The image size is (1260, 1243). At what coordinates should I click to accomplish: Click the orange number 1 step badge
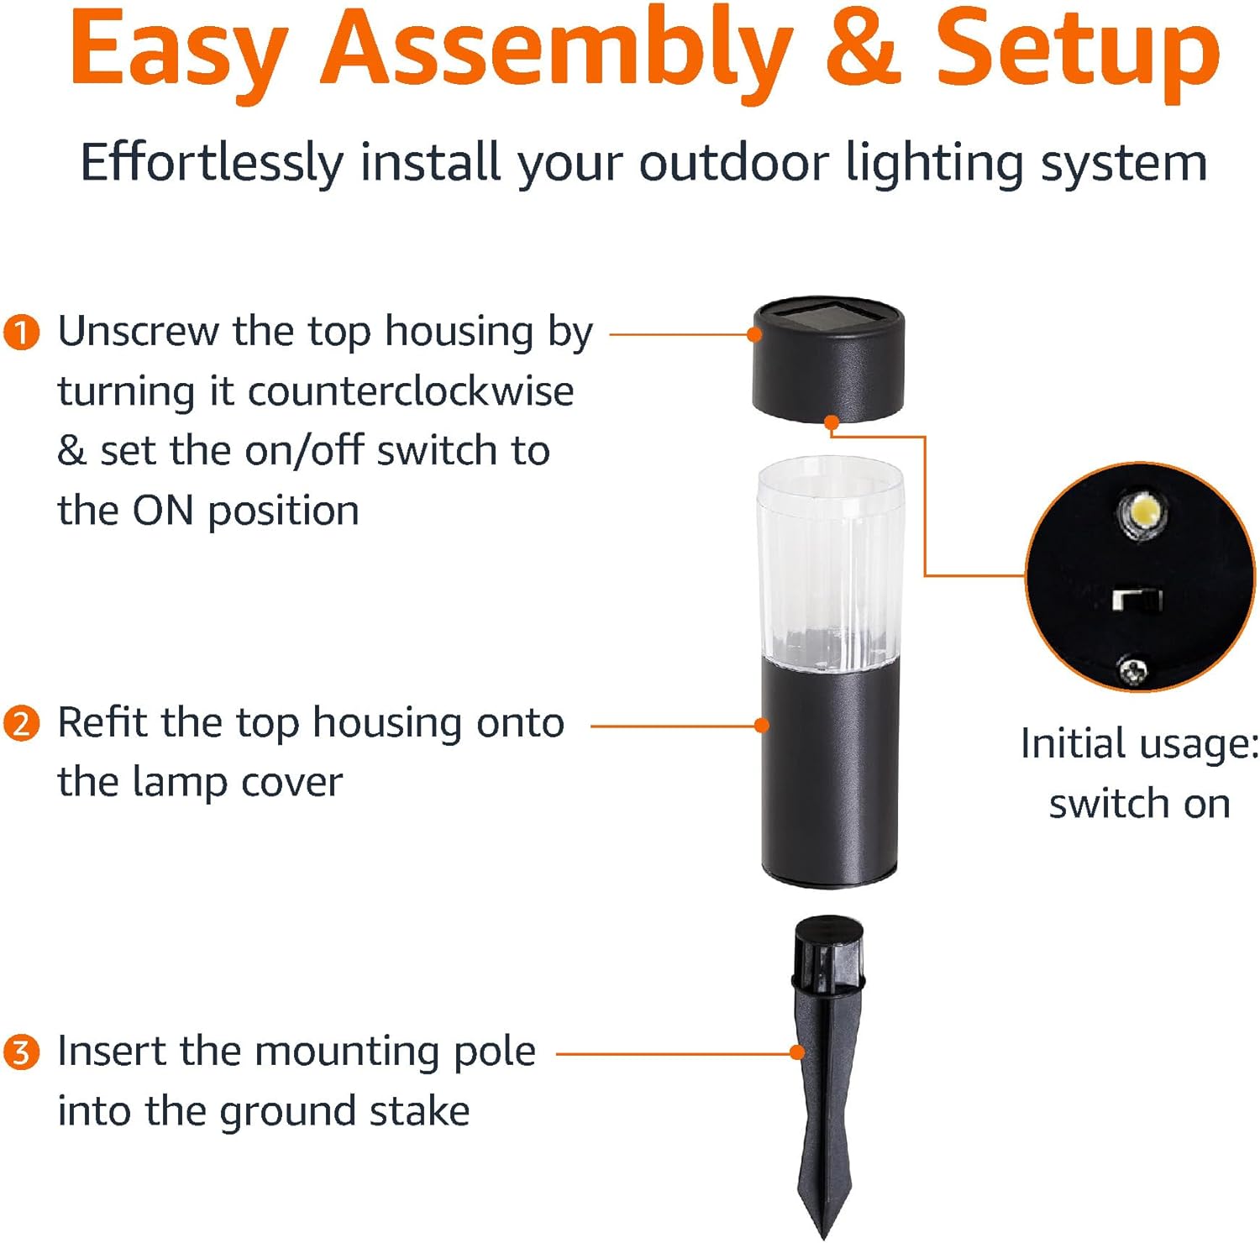[x=22, y=332]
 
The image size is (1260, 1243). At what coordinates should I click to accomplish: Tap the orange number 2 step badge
[x=22, y=723]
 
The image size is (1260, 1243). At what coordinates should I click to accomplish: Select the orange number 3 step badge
[x=22, y=1052]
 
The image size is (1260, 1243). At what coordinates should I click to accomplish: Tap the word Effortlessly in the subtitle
[x=212, y=162]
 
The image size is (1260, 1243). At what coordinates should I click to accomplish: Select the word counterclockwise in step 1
[x=411, y=391]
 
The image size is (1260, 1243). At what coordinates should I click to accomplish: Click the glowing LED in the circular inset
[x=1142, y=511]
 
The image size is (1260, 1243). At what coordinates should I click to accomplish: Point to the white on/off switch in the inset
[x=1137, y=600]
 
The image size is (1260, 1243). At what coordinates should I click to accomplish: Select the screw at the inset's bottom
[x=1132, y=670]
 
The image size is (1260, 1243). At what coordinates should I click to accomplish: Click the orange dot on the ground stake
[x=797, y=1052]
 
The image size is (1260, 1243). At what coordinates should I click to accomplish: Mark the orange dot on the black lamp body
[x=762, y=725]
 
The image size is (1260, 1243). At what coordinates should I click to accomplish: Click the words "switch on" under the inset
[x=1140, y=804]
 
